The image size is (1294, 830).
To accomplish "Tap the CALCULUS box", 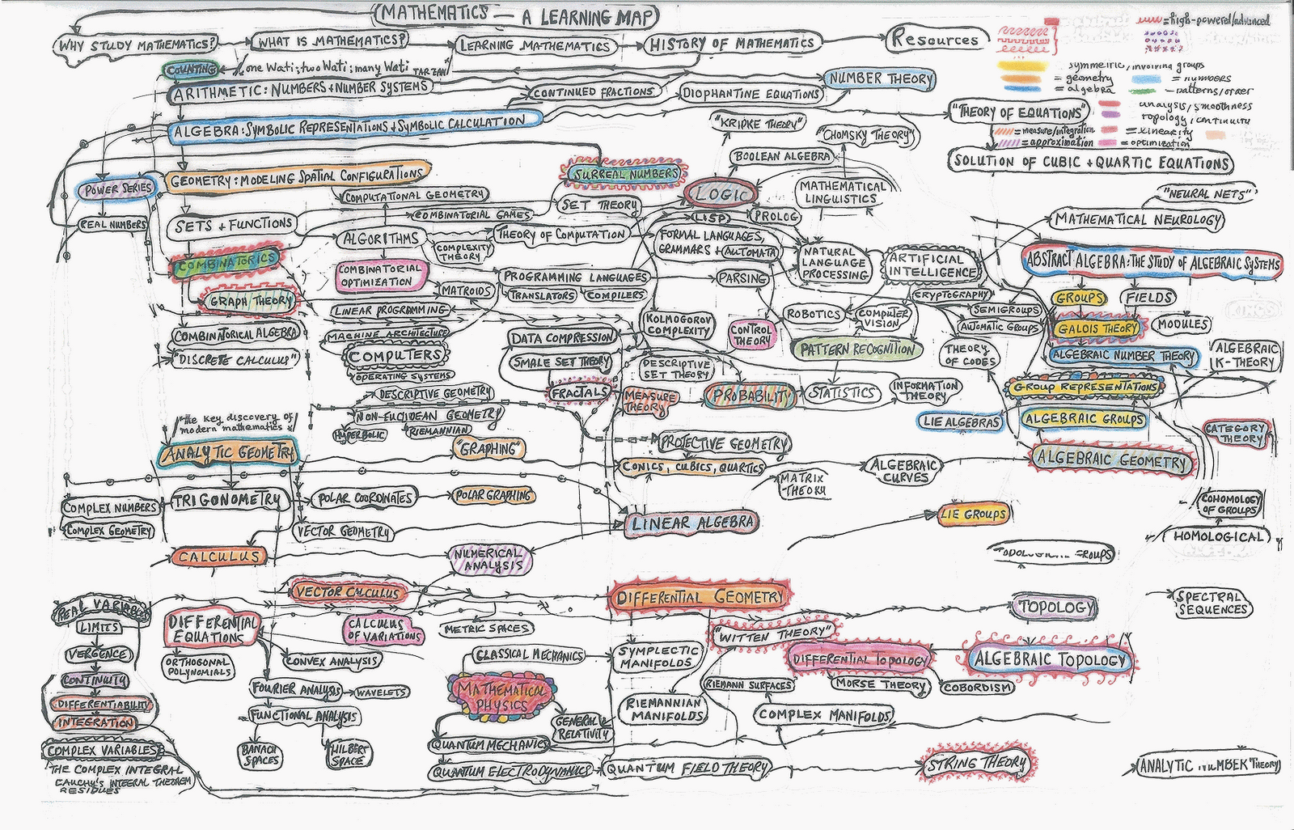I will coord(218,557).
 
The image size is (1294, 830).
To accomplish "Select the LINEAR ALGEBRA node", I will coord(691,523).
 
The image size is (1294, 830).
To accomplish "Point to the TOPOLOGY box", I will coord(1055,607).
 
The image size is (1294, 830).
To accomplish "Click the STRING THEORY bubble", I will coord(980,763).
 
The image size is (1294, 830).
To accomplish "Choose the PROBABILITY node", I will coord(749,396).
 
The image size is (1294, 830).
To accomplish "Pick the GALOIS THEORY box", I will coord(1097,328).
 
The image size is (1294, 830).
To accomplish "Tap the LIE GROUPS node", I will coord(974,514).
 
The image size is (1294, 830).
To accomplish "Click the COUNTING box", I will coord(191,70).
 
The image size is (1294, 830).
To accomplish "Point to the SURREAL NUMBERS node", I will coord(621,173).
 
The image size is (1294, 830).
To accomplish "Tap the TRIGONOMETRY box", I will coord(230,501).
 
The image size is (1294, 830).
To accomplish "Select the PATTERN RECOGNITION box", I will coord(856,349).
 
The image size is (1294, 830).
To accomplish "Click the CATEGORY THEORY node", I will coord(1235,433).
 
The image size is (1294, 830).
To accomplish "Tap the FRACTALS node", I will coord(579,392).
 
